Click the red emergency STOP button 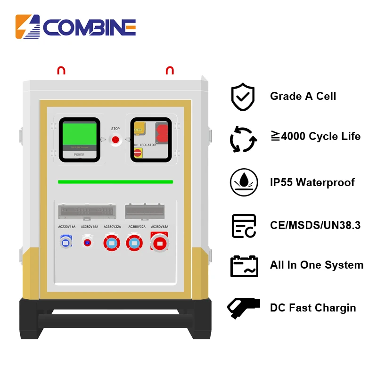[x=115, y=139]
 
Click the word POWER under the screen [x=79, y=155]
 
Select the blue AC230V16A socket [x=65, y=242]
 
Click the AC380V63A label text [x=159, y=227]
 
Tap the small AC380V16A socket [x=87, y=242]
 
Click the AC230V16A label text [x=65, y=227]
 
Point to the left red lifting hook [x=61, y=71]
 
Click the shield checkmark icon [x=243, y=97]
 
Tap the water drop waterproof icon [x=243, y=182]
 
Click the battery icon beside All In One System [x=244, y=266]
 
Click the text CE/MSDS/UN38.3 [x=315, y=225]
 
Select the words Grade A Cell [x=303, y=97]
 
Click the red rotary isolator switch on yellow [x=138, y=152]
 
